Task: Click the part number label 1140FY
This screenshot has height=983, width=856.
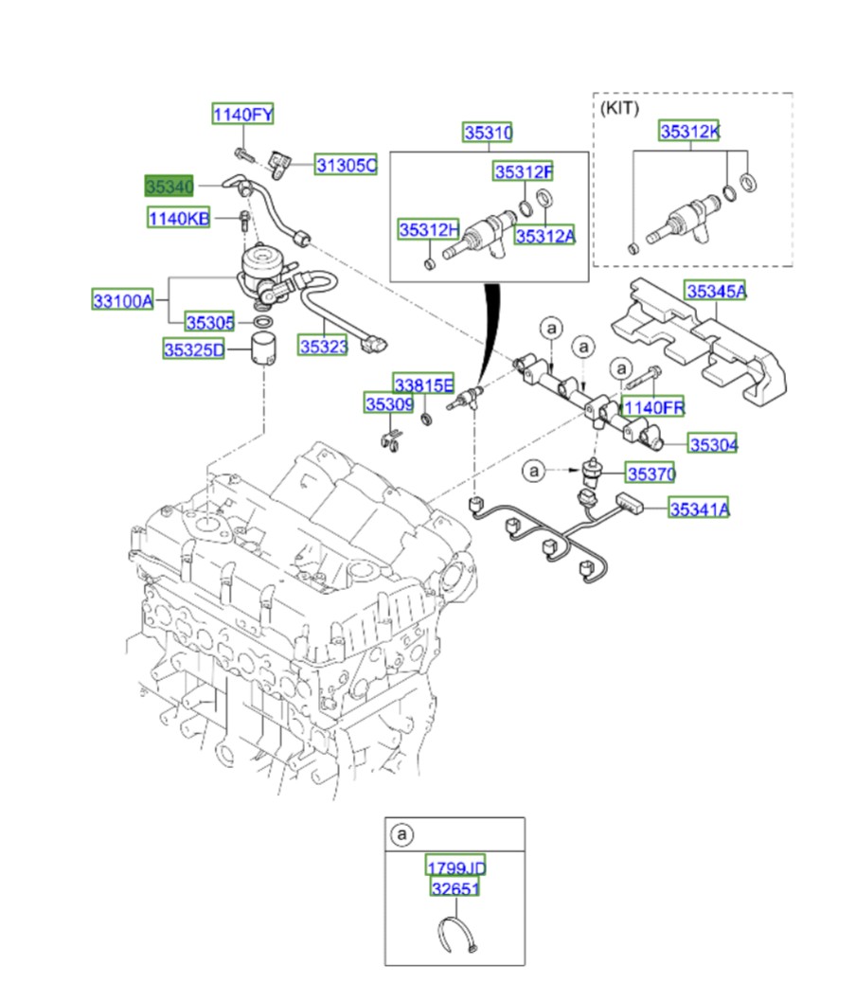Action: [x=242, y=115]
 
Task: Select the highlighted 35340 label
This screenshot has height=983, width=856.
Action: [x=169, y=186]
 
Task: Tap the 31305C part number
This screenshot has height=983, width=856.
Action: [x=346, y=166]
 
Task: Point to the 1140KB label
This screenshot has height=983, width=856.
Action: [x=179, y=219]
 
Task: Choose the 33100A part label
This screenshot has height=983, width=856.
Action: [x=122, y=301]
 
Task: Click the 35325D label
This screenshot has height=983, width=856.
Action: [x=193, y=349]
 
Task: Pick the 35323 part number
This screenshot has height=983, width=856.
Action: [x=324, y=347]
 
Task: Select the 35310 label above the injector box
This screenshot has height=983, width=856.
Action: [x=488, y=133]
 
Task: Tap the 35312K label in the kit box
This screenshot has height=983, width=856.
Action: [x=689, y=132]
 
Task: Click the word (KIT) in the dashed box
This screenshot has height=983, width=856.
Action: [x=620, y=108]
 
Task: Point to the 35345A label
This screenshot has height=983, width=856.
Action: [x=716, y=292]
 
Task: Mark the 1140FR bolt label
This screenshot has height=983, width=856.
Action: [x=653, y=407]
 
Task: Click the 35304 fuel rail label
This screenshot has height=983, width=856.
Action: [x=713, y=443]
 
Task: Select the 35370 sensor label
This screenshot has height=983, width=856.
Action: [x=651, y=472]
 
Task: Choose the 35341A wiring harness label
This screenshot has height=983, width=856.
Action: [x=700, y=509]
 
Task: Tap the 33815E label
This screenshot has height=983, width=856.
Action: [x=423, y=384]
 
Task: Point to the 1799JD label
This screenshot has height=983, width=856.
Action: [x=455, y=867]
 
